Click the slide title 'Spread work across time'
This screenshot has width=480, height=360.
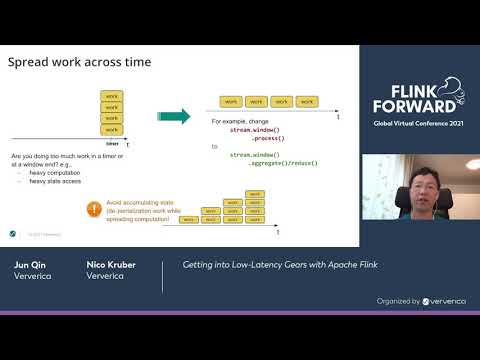[x=80, y=62]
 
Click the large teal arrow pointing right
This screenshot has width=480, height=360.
[x=176, y=116]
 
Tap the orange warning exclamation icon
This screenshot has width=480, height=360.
[x=94, y=209]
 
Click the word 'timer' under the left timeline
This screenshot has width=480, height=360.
[x=112, y=144]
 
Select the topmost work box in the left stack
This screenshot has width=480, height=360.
[x=112, y=97]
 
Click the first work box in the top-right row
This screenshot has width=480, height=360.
[x=230, y=102]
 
